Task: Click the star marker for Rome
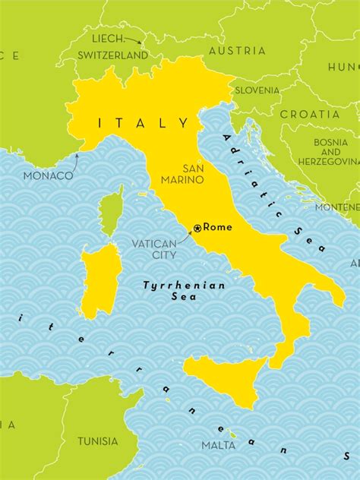197,227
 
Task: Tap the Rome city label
217,227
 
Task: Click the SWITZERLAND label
112,55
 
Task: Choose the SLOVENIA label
257,90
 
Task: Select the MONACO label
48,175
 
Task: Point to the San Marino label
182,174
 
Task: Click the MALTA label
217,445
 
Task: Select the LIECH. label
107,38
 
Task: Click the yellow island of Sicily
222,376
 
